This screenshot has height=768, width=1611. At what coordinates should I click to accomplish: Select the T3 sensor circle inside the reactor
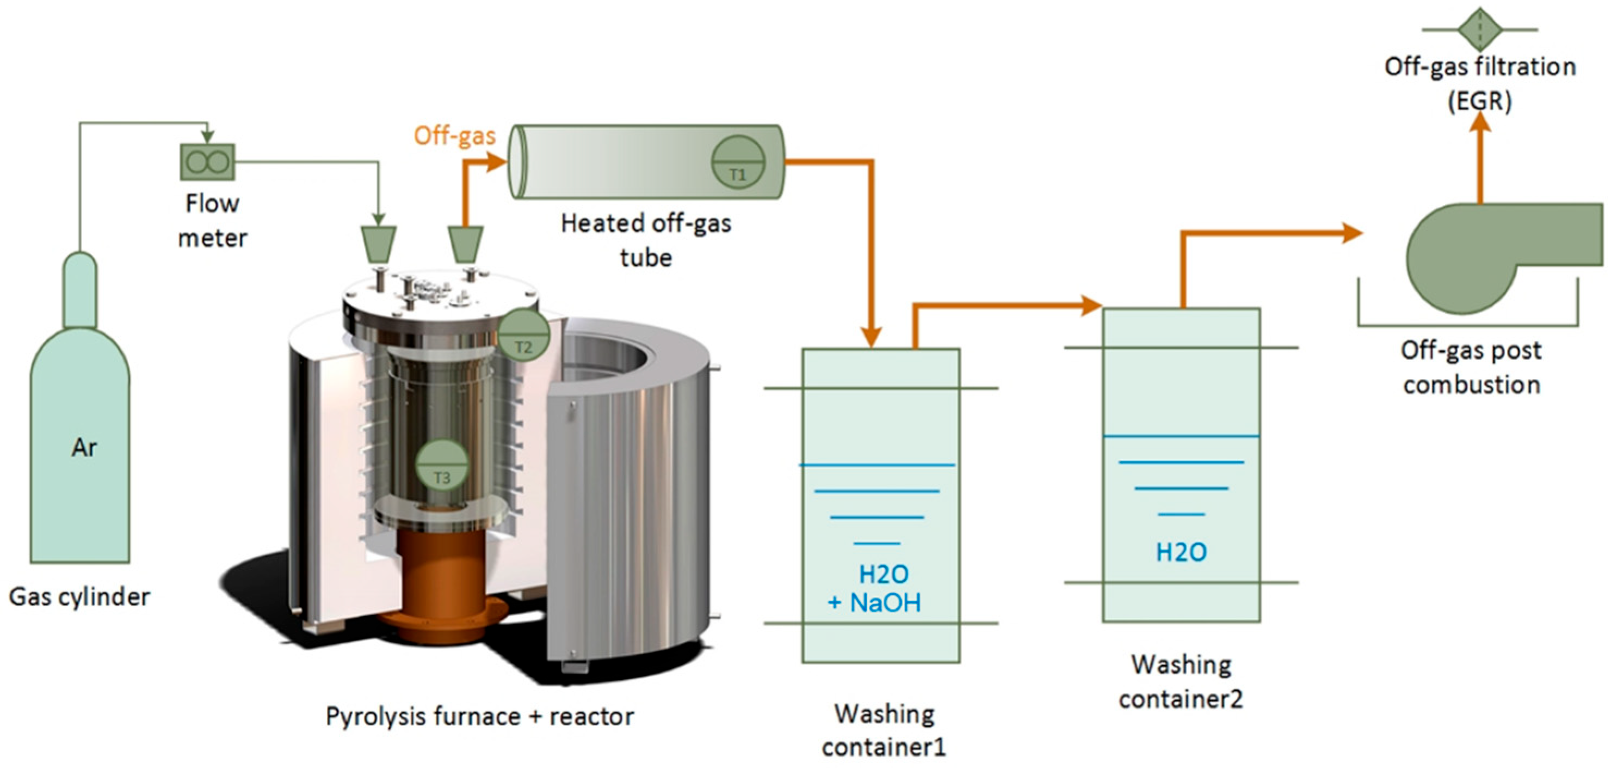[442, 465]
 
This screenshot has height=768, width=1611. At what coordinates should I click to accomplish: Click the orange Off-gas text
[455, 136]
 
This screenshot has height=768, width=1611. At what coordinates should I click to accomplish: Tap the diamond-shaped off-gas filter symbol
[1480, 29]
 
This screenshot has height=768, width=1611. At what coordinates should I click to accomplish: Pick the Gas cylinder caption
[79, 596]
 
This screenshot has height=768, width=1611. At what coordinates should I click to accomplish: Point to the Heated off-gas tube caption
[645, 240]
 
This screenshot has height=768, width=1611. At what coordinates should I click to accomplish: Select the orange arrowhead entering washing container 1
[871, 336]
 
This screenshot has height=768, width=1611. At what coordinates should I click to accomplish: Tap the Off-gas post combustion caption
[1471, 368]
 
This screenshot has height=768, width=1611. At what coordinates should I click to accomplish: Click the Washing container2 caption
[1181, 681]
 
